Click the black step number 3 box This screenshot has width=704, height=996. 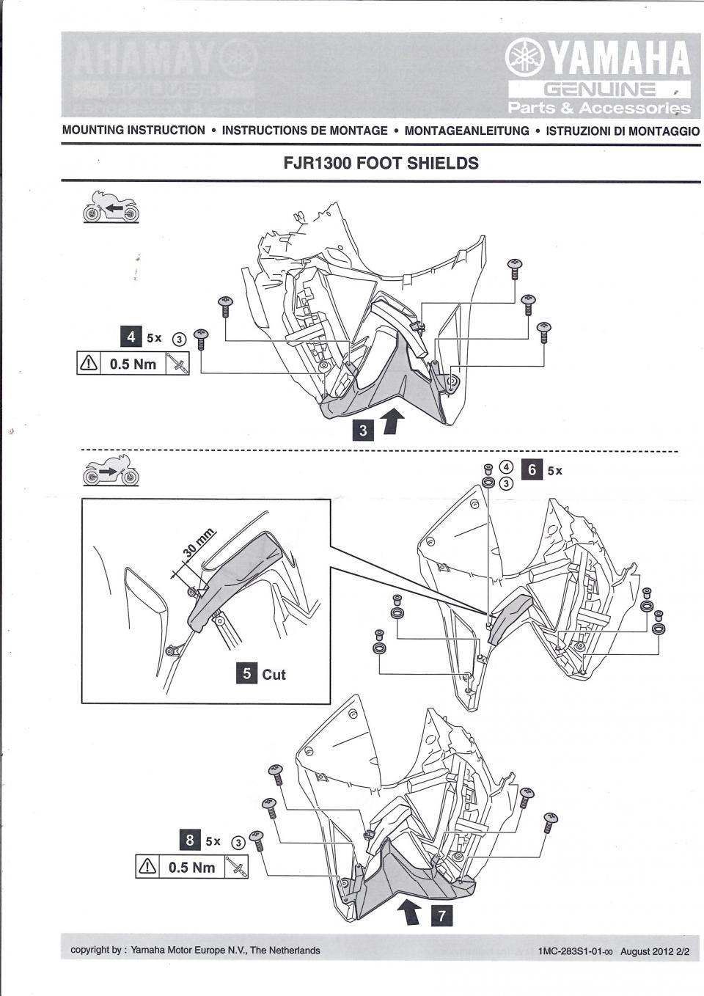tap(364, 429)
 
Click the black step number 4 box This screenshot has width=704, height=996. tap(131, 337)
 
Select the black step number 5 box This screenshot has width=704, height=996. tap(247, 673)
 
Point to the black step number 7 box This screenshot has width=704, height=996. tap(441, 915)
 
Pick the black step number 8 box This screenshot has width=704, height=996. tap(190, 840)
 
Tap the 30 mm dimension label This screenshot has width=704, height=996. tap(199, 543)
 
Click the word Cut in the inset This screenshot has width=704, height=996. tap(274, 674)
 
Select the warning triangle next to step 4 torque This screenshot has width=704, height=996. tap(89, 364)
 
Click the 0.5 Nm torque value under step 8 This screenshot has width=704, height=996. tap(191, 867)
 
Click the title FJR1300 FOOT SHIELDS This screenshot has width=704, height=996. tap(381, 163)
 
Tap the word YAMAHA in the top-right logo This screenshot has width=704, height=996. tap(620, 59)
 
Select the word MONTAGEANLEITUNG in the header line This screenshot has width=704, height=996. tap(466, 131)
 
